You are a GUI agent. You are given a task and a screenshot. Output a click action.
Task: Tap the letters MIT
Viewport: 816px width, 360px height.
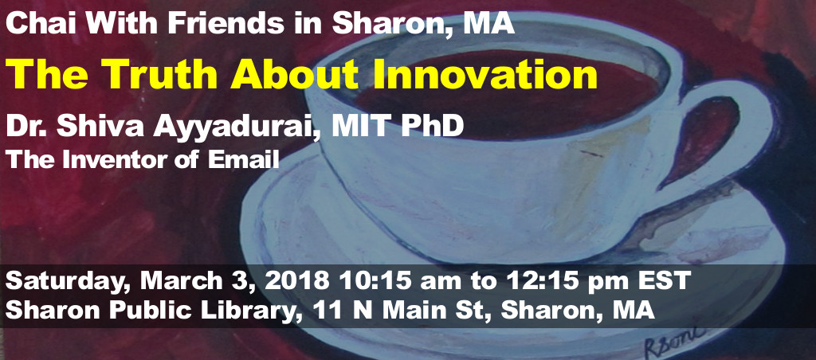point(359,127)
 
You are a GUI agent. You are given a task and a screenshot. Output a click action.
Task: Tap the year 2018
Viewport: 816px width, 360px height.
point(296,281)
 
